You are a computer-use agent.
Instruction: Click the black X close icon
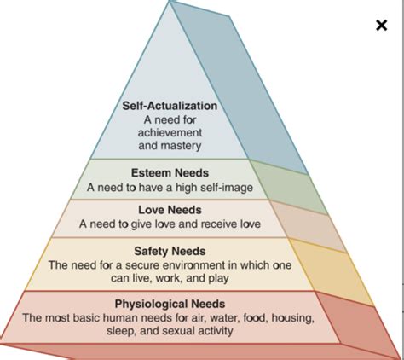pos(381,25)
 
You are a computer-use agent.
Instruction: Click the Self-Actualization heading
pos(170,106)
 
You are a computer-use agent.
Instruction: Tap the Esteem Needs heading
pos(170,173)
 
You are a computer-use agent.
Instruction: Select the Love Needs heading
pos(170,210)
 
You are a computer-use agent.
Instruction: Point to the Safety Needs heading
pos(170,251)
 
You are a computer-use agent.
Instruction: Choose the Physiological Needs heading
pos(170,304)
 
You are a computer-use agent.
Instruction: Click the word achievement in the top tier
pos(170,132)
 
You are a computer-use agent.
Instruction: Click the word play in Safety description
pos(218,278)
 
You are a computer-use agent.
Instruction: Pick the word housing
pos(292,318)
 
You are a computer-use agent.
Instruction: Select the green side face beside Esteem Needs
pos(288,186)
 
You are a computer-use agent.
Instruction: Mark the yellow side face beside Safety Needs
pos(331,271)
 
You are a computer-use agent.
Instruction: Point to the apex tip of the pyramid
pos(170,1)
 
